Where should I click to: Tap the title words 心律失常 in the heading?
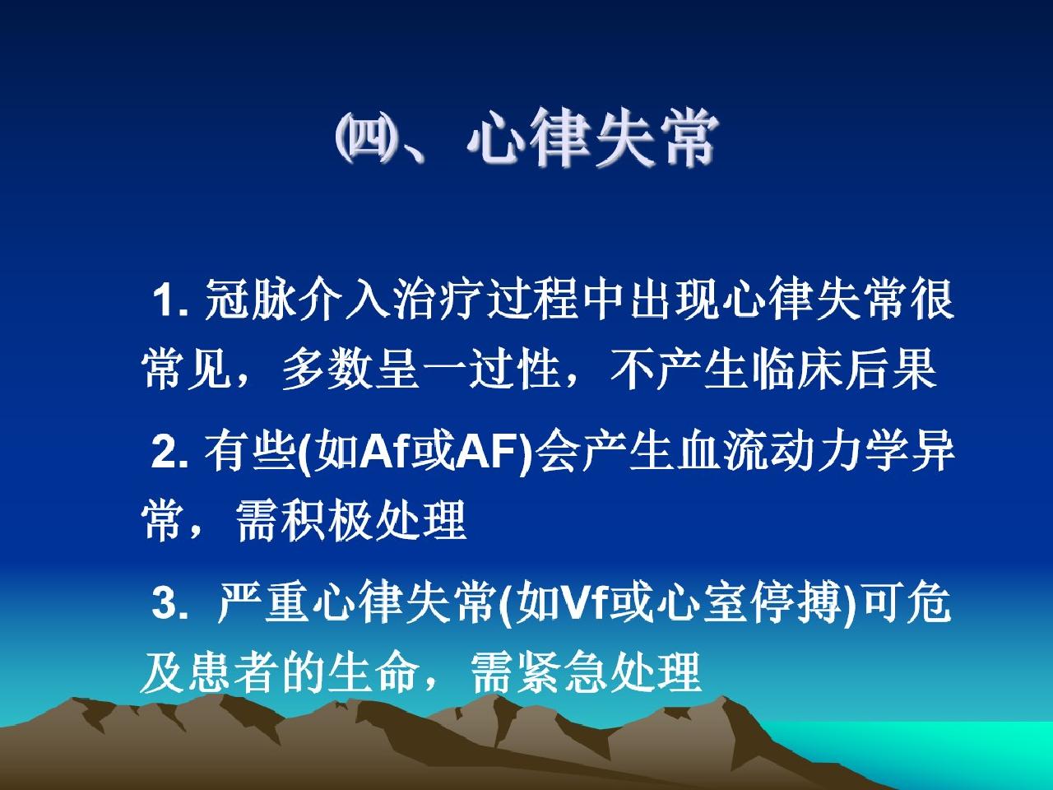[592, 138]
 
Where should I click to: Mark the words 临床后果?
[844, 369]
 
